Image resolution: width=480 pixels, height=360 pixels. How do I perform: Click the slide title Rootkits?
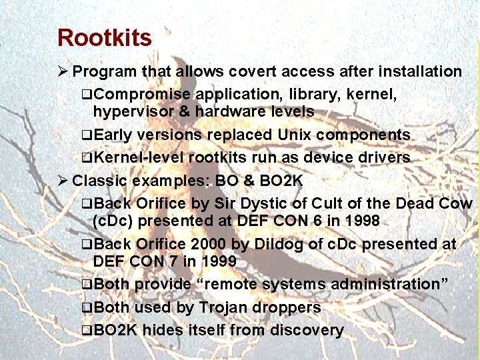[x=105, y=38]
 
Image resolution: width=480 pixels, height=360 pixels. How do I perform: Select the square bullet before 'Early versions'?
[x=86, y=135]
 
